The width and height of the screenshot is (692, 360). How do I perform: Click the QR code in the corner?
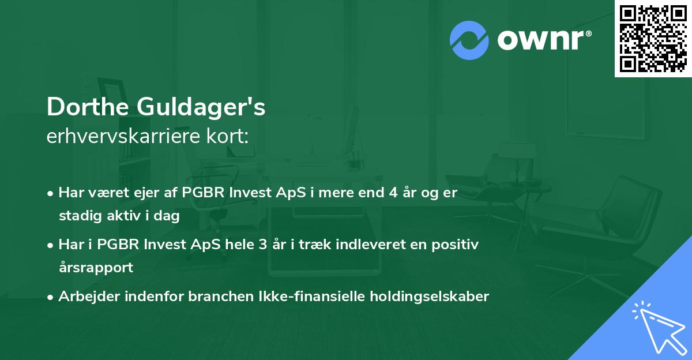pyautogui.click(x=653, y=38)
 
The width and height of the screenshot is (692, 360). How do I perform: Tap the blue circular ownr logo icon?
pyautogui.click(x=469, y=40)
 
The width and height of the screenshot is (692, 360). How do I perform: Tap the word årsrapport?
pyautogui.click(x=96, y=268)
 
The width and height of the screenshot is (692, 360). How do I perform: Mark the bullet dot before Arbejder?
pyautogui.click(x=52, y=297)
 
